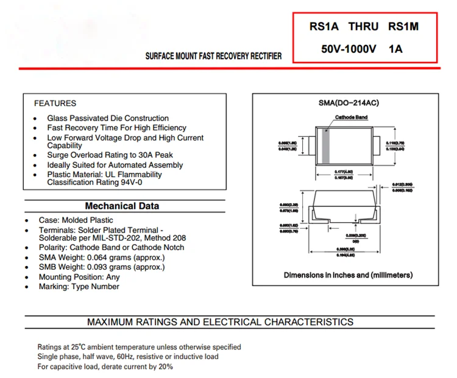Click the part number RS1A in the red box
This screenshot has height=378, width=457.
[321, 27]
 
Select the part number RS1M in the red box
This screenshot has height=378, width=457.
[404, 27]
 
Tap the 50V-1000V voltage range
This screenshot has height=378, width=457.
[349, 49]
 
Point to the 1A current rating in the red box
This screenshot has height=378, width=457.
[395, 49]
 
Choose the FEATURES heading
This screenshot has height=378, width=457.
[55, 103]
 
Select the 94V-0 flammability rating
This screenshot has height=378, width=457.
[132, 182]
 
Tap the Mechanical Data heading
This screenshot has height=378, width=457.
[122, 206]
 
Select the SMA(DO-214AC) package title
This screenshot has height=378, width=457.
[349, 103]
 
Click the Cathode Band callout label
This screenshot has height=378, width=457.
[350, 117]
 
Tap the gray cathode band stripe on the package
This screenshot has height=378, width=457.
[325, 145]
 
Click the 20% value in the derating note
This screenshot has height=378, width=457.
[165, 366]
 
